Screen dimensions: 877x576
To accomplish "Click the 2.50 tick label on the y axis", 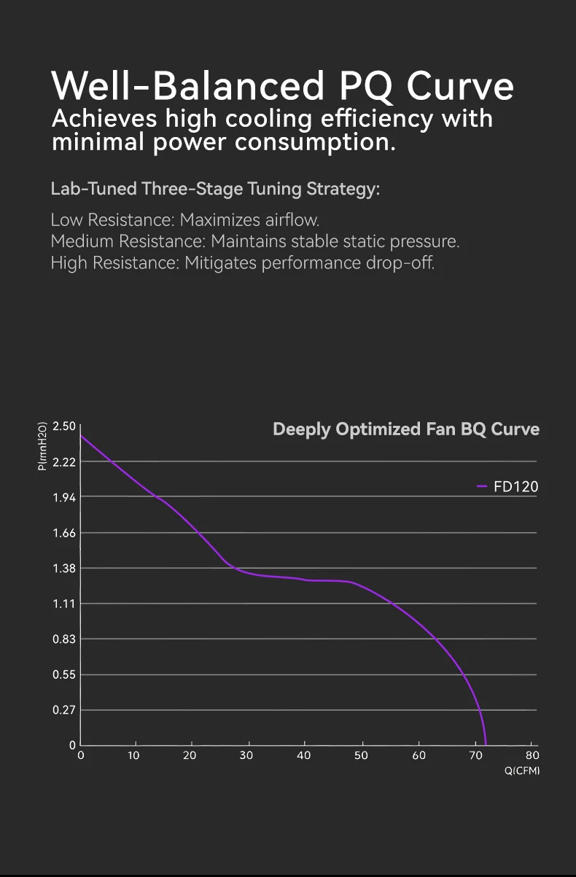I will pyautogui.click(x=64, y=426).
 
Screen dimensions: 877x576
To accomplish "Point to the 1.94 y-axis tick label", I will pyautogui.click(x=64, y=497).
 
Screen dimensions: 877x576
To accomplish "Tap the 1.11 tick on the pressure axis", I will pyautogui.click(x=64, y=604).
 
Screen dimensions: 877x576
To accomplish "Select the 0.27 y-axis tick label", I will pyautogui.click(x=64, y=710).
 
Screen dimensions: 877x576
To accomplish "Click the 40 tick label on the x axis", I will pyautogui.click(x=304, y=756).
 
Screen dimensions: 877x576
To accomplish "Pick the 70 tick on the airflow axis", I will pyautogui.click(x=475, y=756).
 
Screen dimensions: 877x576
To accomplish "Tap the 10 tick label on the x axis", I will pyautogui.click(x=133, y=756).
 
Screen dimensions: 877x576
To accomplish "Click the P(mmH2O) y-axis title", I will pyautogui.click(x=42, y=446).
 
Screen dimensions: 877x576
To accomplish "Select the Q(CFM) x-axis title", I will pyautogui.click(x=522, y=771).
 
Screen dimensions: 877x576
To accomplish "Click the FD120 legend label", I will pyautogui.click(x=516, y=486).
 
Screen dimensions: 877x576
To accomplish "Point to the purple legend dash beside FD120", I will pyautogui.click(x=482, y=486).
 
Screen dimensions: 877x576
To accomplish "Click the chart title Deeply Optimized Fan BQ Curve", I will pyautogui.click(x=406, y=429).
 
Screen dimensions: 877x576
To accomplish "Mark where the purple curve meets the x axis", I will pyautogui.click(x=486, y=744).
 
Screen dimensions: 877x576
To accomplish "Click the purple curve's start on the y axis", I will pyautogui.click(x=81, y=436).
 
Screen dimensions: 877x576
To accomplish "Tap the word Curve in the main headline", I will pyautogui.click(x=460, y=86).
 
